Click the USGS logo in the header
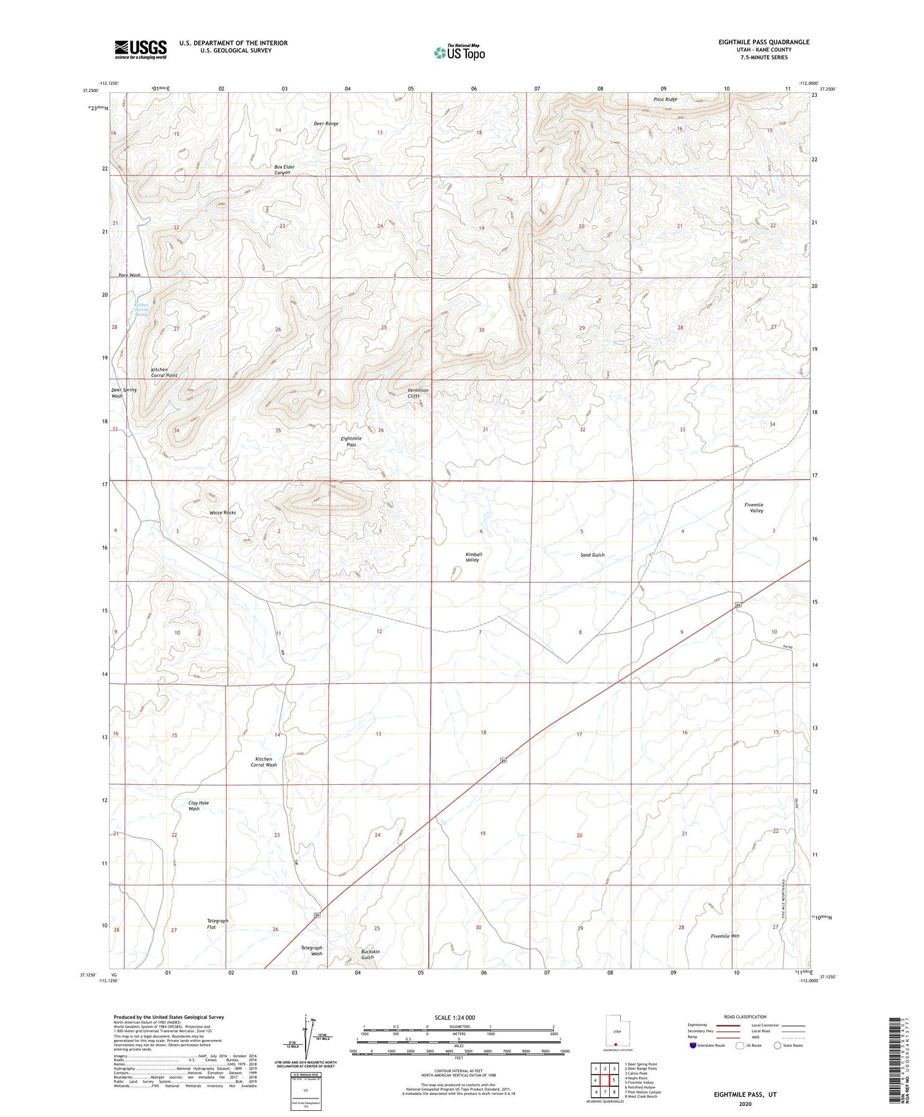click(x=140, y=49)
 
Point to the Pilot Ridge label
click(x=665, y=99)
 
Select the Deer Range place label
click(x=326, y=124)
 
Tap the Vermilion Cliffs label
click(x=418, y=393)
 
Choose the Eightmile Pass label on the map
click(x=351, y=441)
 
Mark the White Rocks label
click(x=222, y=513)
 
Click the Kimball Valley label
click(x=473, y=557)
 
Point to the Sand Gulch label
click(x=593, y=555)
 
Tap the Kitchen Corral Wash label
click(x=264, y=762)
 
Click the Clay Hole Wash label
click(x=198, y=806)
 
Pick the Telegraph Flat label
click(x=217, y=924)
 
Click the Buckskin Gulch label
click(x=370, y=954)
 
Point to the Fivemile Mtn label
click(x=724, y=936)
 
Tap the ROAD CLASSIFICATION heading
click(x=745, y=1017)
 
